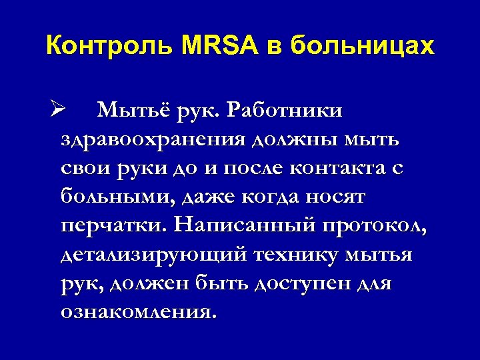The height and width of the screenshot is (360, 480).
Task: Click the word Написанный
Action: click(242, 226)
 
